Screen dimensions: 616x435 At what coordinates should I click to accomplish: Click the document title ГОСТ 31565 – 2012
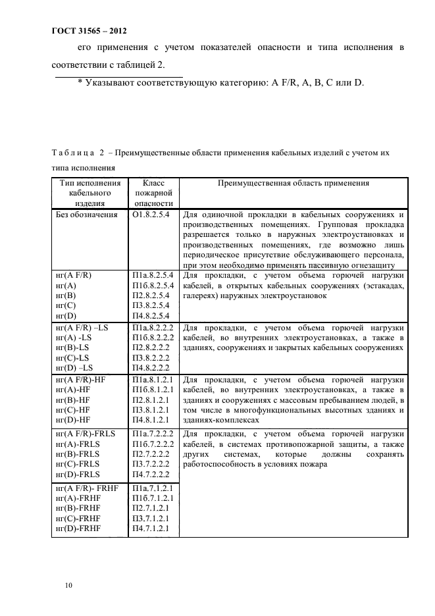pos(90,31)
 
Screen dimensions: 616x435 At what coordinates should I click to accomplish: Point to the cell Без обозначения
pos(87,215)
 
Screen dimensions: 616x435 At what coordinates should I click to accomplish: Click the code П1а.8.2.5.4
pos(153,275)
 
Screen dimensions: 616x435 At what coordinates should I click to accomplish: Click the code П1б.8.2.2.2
pos(153,337)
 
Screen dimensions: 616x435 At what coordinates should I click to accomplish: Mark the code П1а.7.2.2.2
pos(153,434)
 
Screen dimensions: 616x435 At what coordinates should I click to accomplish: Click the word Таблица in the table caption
pos(72,153)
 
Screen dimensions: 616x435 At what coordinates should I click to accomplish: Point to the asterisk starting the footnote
pos(80,82)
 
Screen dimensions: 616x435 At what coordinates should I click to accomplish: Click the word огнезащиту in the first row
pos(373,264)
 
